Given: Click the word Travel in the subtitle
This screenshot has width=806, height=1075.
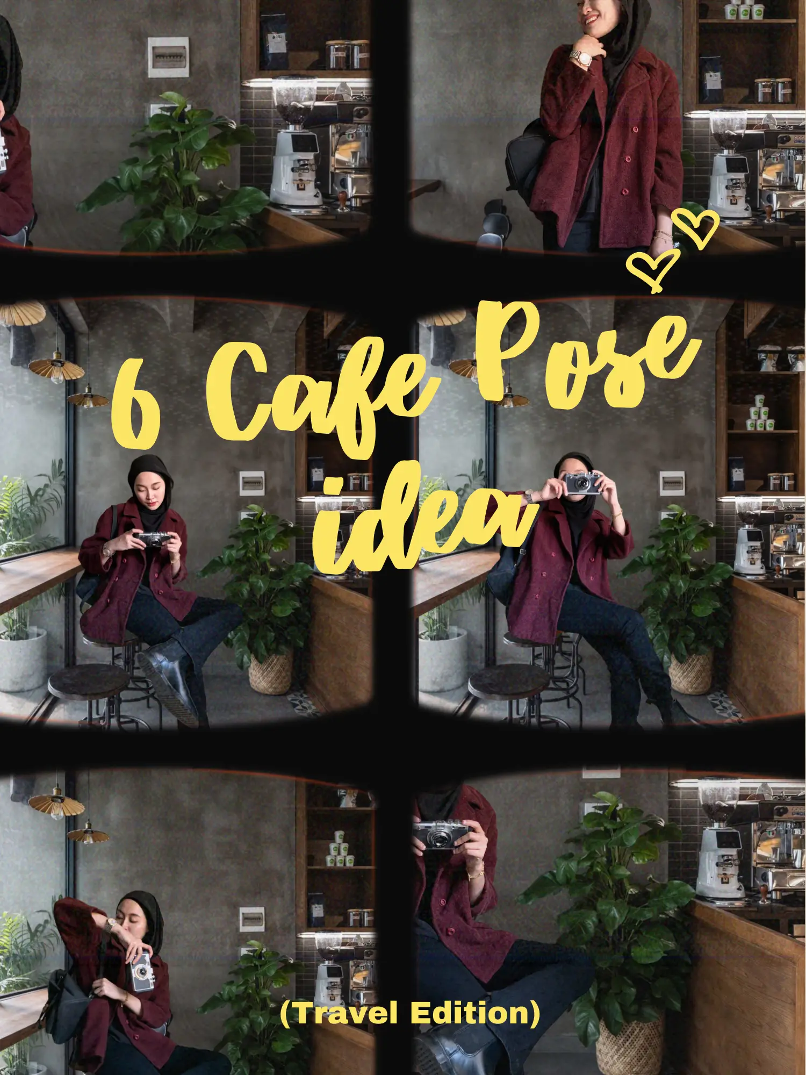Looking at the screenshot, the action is (344, 1013).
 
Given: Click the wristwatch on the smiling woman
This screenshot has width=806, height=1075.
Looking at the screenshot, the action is (580, 58).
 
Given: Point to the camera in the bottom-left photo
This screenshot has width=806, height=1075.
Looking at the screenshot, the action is (141, 971).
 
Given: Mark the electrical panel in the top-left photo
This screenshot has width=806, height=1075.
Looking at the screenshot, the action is (168, 56).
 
